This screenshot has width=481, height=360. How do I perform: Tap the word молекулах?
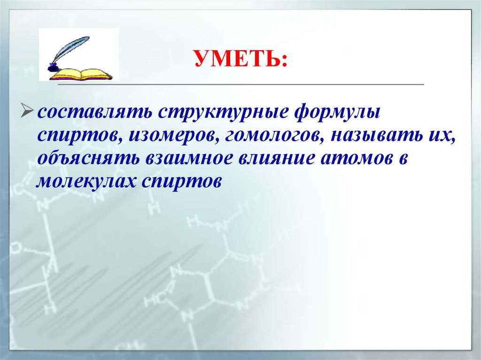86,180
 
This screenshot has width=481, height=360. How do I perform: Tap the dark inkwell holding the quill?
54,67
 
